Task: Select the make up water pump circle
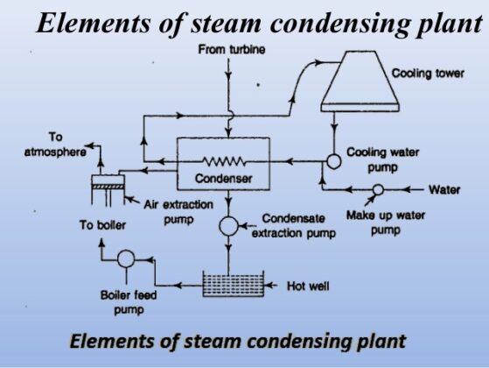click(x=377, y=189)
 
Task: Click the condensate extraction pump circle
click(x=228, y=226)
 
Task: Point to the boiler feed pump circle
click(x=125, y=258)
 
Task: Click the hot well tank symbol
click(x=229, y=285)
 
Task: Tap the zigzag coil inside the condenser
click(x=226, y=161)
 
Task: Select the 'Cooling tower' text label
click(x=428, y=73)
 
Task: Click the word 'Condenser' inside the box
click(x=224, y=179)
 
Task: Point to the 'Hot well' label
click(x=308, y=286)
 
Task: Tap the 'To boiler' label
click(x=102, y=225)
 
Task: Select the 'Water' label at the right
click(x=450, y=189)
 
